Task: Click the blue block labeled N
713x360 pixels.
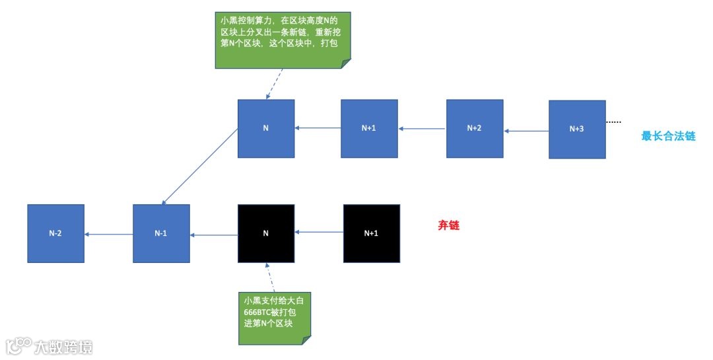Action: coord(266,128)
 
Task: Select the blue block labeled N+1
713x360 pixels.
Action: coord(369,128)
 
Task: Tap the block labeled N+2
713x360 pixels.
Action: coord(474,128)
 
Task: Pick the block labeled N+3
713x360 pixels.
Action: coord(577,129)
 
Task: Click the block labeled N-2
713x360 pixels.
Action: coord(55,233)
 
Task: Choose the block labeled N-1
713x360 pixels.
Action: coord(161,233)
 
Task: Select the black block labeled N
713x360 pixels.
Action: coord(266,233)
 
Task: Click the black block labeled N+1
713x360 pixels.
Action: coord(372,233)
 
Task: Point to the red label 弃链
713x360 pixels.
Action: coord(448,225)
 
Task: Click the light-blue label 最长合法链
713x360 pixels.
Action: coord(668,137)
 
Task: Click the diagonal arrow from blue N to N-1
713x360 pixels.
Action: coord(200,166)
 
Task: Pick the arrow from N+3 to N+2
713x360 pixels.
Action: coord(526,131)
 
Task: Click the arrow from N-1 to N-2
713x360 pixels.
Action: coord(108,234)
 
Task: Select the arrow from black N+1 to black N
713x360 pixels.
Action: coord(319,231)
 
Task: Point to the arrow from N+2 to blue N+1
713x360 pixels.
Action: coord(423,129)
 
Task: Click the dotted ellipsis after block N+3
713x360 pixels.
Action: coord(613,122)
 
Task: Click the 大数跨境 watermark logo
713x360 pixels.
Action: coord(50,346)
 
